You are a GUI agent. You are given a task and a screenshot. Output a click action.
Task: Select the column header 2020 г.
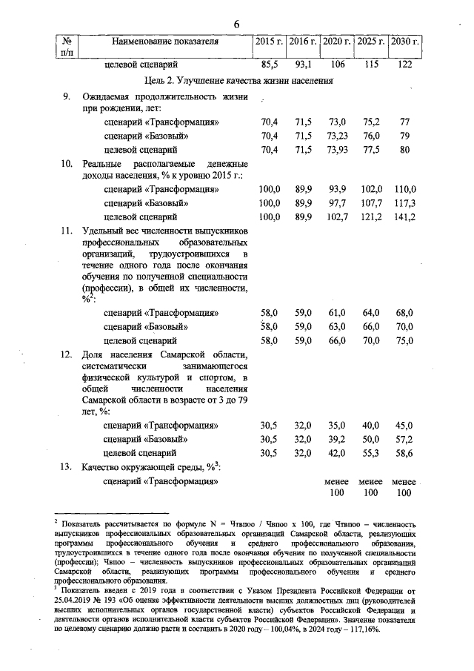(x=337, y=42)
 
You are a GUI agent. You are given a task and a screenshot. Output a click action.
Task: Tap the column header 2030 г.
(x=404, y=42)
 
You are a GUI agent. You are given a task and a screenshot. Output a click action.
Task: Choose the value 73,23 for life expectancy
(x=337, y=136)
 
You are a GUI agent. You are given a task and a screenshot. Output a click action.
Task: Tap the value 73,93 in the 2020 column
(x=337, y=150)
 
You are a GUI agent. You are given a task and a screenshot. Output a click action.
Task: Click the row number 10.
(x=67, y=163)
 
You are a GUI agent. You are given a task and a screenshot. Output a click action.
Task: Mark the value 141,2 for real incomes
(x=404, y=216)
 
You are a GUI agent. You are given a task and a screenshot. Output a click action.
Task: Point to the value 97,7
(x=337, y=203)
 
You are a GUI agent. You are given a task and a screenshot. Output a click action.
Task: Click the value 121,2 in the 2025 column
(x=370, y=216)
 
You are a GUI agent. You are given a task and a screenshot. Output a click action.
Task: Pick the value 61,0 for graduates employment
(x=337, y=313)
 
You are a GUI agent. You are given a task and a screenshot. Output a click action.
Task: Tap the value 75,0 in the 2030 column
(x=404, y=340)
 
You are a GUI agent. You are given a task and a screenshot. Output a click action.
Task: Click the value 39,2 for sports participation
(x=337, y=439)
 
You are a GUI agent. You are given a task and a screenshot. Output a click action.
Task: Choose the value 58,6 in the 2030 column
(x=404, y=452)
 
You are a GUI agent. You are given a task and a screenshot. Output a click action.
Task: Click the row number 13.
(x=67, y=466)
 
